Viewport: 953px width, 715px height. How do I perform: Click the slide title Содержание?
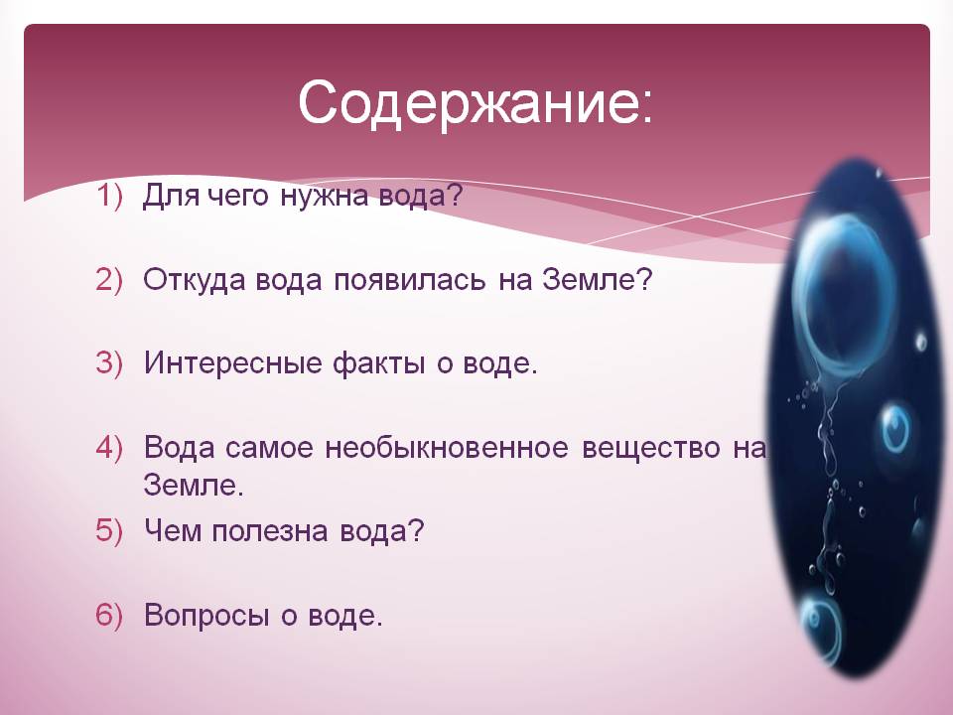(476, 102)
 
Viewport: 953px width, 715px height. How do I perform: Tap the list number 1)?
(109, 196)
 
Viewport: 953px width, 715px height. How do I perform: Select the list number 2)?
(109, 279)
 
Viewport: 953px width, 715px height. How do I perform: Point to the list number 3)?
(109, 363)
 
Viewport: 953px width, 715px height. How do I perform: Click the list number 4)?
(109, 447)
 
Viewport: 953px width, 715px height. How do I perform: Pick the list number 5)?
(109, 530)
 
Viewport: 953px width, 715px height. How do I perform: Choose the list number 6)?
(109, 615)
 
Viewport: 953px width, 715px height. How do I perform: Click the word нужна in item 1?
(324, 197)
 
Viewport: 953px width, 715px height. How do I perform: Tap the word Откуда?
(195, 281)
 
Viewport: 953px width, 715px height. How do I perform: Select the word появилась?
(410, 280)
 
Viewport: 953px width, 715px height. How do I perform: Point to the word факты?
(378, 363)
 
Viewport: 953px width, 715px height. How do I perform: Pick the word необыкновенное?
(447, 449)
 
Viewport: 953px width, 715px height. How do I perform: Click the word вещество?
(650, 449)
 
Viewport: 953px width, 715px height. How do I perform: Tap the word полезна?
(269, 532)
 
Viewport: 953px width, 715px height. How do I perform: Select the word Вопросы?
(206, 616)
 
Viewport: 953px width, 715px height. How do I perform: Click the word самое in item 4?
(269, 449)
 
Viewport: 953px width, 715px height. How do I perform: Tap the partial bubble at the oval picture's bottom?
(822, 629)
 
